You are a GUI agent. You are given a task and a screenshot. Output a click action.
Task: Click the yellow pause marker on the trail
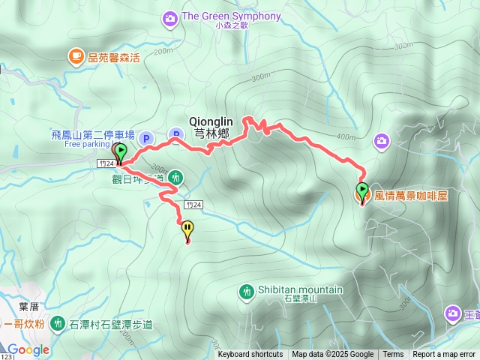[187, 229]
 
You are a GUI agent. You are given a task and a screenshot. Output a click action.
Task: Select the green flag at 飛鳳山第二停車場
[121, 151]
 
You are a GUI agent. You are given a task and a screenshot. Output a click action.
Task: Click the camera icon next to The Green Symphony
[171, 16]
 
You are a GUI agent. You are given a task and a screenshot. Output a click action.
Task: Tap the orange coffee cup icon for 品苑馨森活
[76, 55]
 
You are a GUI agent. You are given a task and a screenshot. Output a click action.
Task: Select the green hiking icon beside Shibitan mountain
[247, 291]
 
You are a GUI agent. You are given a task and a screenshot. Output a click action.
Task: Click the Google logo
[28, 349]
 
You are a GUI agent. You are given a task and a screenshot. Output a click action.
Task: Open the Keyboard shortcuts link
[250, 355]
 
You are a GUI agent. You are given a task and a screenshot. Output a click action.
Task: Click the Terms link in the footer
[393, 355]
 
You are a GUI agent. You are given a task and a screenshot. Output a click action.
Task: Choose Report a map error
[445, 355]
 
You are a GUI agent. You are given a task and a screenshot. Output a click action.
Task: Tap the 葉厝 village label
[28, 306]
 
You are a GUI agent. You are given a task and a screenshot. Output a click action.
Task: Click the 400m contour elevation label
[346, 137]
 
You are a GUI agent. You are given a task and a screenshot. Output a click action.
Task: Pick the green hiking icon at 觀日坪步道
[175, 178]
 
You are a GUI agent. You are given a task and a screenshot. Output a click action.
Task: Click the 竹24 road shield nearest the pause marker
[194, 204]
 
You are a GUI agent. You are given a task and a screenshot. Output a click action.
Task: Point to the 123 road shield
[6, 356]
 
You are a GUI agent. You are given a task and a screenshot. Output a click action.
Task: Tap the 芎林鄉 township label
[211, 133]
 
